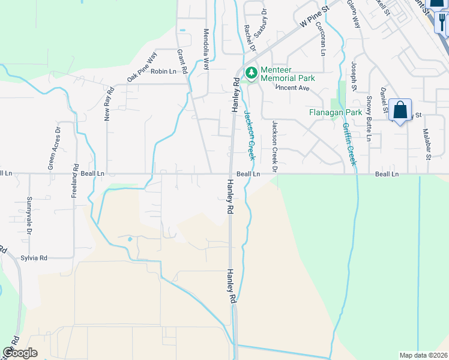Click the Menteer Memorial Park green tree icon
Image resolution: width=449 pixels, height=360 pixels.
(x=251, y=73)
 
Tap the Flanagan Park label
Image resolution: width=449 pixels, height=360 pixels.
(x=334, y=112)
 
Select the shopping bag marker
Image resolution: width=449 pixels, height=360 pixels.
(x=400, y=110)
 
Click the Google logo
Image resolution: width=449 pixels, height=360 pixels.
(x=20, y=352)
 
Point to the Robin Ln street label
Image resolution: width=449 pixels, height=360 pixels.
(x=163, y=71)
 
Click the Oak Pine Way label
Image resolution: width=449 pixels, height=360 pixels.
(x=142, y=70)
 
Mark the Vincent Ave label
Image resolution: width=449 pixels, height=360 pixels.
(x=292, y=88)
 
